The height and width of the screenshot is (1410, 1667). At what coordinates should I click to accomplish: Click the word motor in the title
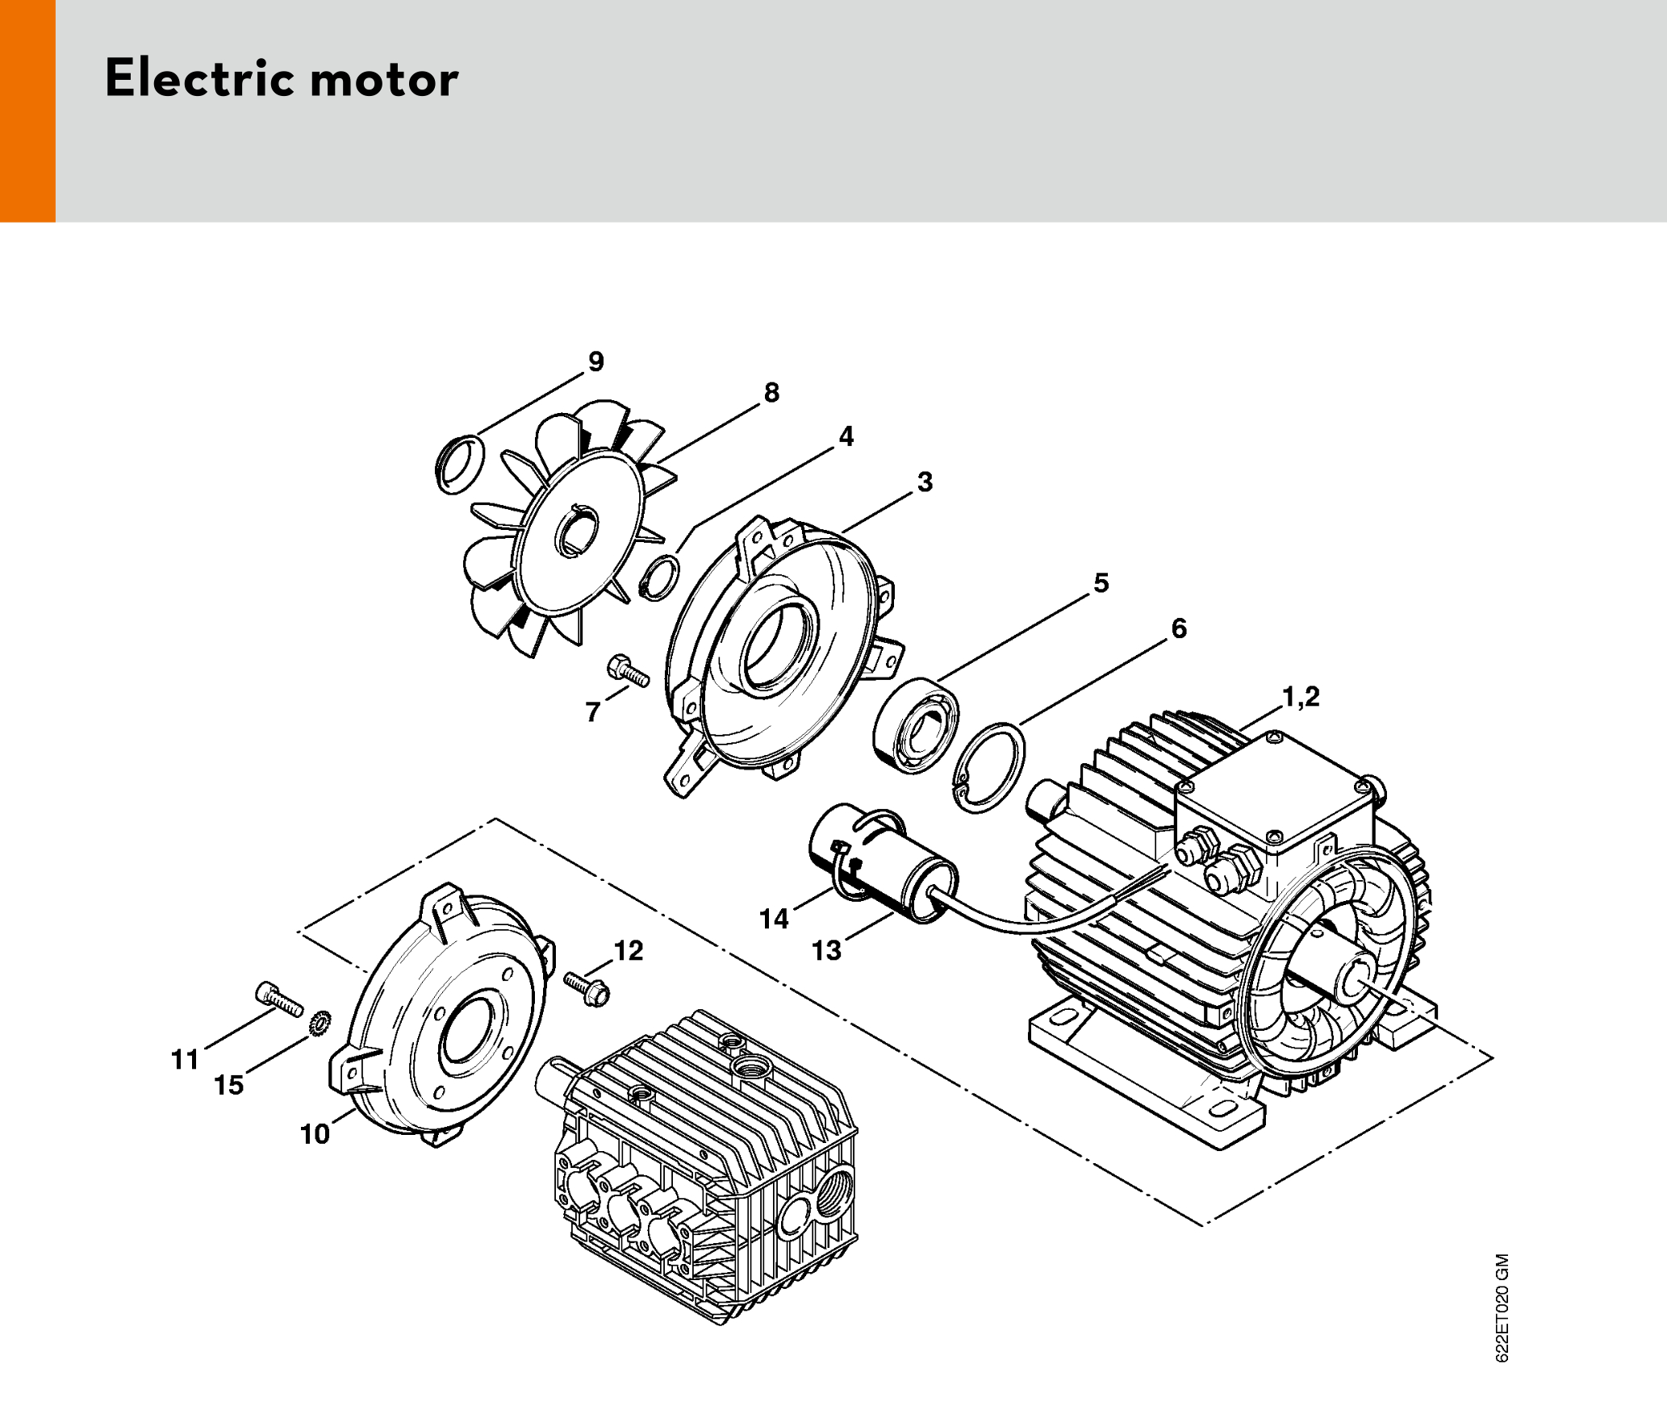[384, 80]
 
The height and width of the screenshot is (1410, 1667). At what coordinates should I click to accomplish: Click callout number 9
[596, 361]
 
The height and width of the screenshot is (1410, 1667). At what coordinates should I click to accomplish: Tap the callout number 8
[772, 393]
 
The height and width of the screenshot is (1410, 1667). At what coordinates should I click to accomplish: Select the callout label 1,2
[1301, 696]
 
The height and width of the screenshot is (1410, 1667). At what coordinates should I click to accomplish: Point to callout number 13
[826, 951]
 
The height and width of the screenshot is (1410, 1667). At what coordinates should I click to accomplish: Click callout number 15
[228, 1086]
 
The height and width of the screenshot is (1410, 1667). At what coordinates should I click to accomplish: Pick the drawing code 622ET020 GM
[1502, 1308]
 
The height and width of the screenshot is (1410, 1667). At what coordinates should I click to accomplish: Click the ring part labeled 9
[459, 463]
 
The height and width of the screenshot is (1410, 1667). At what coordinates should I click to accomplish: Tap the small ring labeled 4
[659, 578]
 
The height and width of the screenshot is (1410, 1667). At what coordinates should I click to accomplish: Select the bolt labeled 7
[628, 671]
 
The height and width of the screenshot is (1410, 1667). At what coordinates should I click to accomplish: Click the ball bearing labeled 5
[917, 727]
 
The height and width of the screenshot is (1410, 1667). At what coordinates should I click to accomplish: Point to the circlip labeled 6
[989, 767]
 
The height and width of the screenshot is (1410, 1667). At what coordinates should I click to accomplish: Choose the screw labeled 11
[279, 999]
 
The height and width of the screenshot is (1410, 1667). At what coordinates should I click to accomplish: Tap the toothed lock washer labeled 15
[320, 1024]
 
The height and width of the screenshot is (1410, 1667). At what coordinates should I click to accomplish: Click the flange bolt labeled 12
[587, 989]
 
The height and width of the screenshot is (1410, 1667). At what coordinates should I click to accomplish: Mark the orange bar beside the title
[27, 111]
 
